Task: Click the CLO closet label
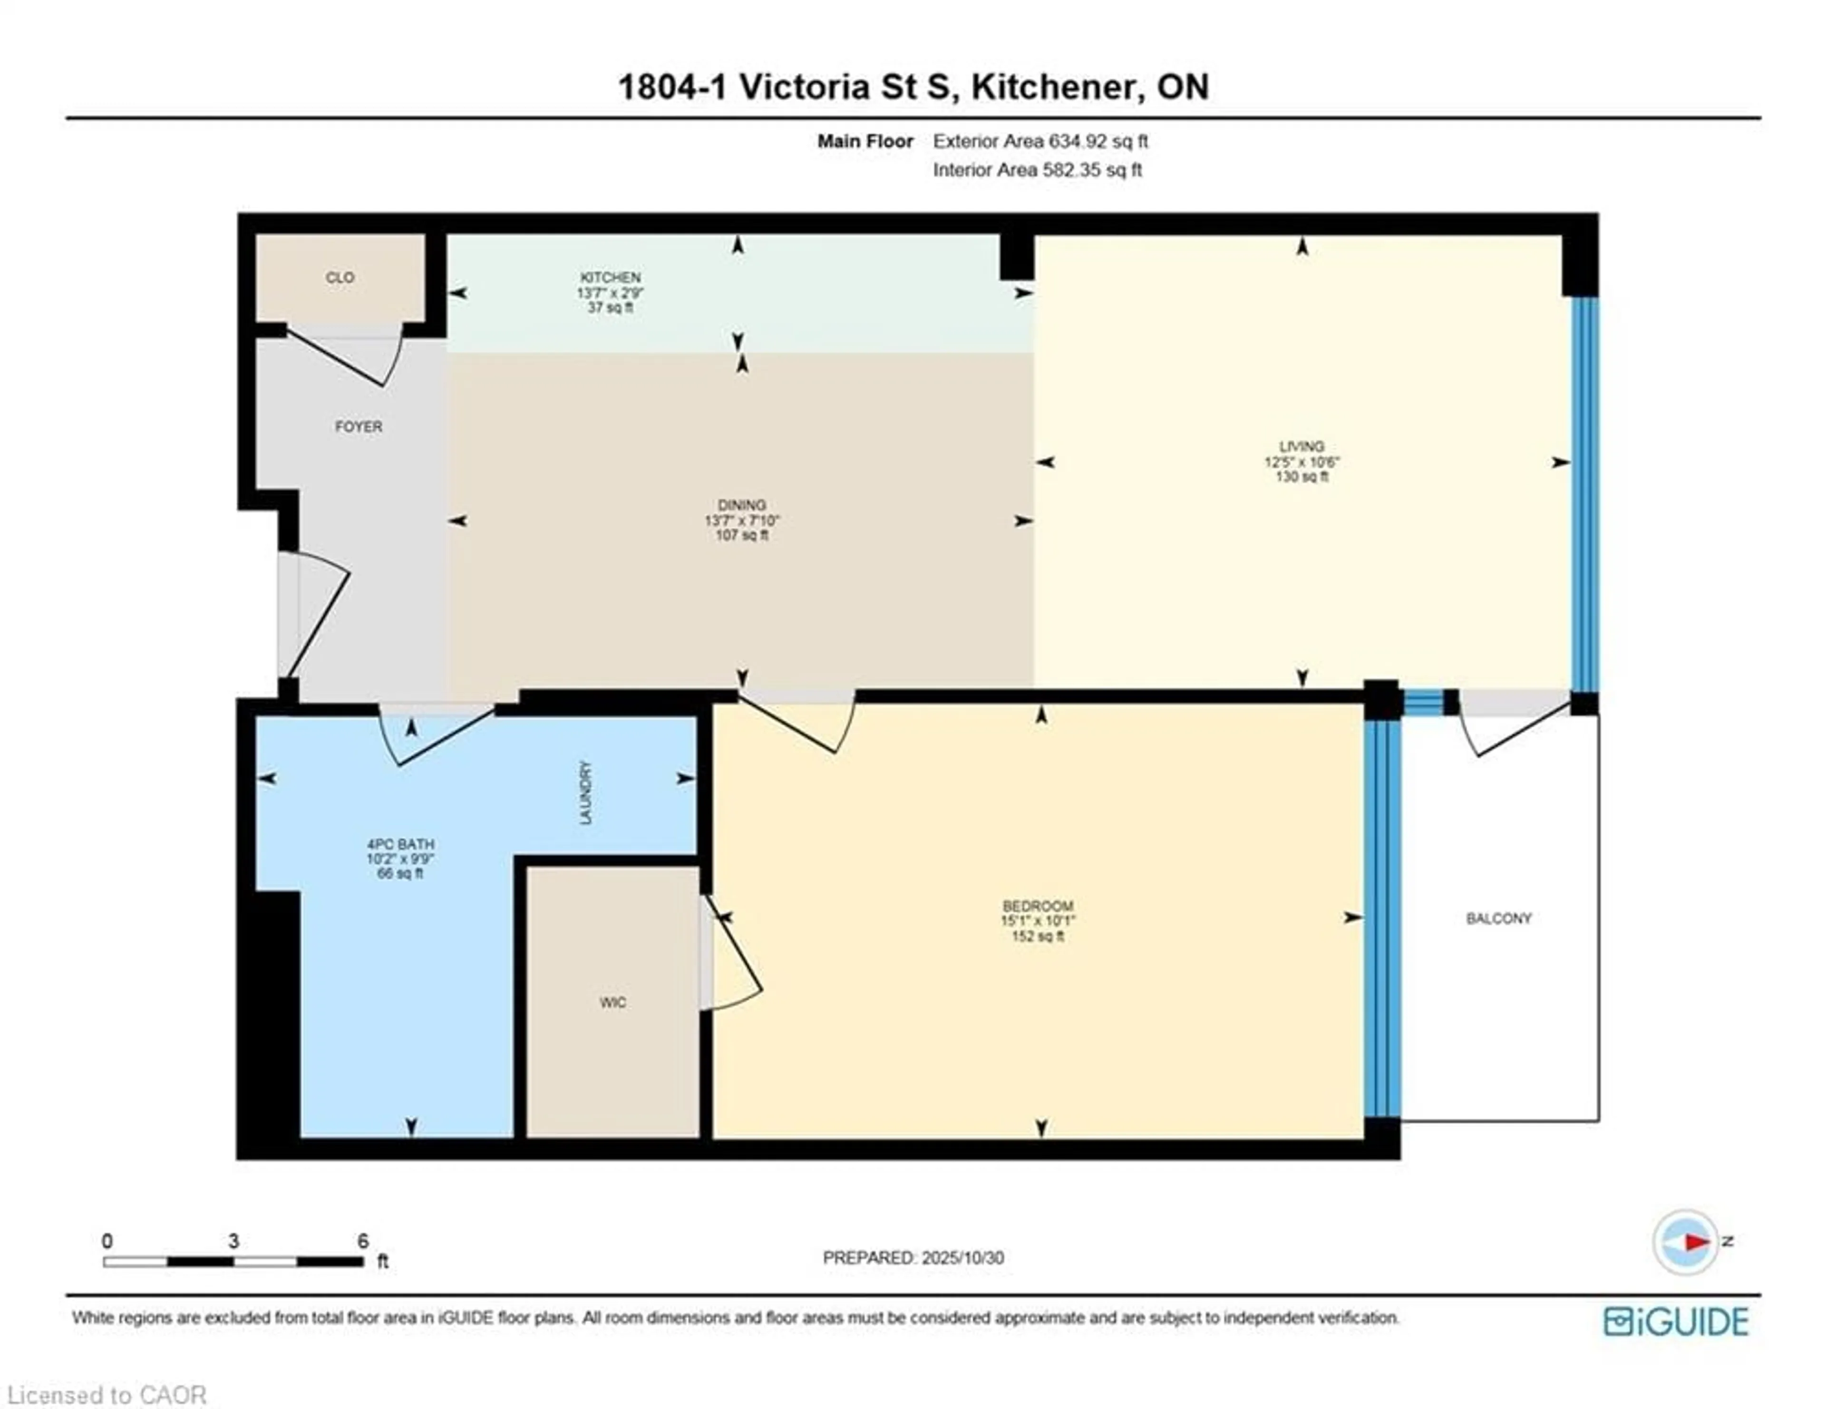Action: point(340,278)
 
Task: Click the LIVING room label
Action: point(1301,446)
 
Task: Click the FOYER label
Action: point(359,427)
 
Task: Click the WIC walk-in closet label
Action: point(612,1002)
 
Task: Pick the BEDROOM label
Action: point(1038,906)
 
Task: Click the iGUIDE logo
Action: point(1676,1321)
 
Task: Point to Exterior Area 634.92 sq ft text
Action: point(1040,141)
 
